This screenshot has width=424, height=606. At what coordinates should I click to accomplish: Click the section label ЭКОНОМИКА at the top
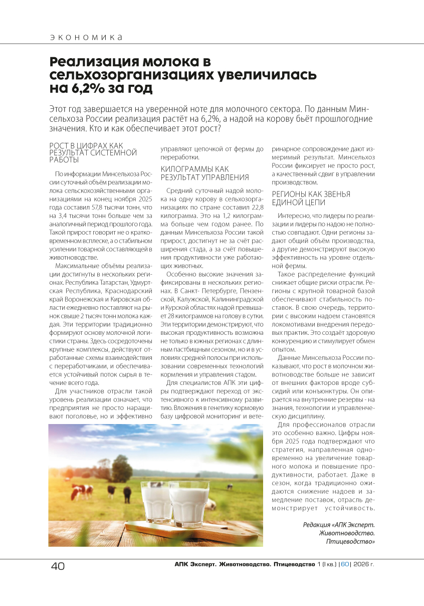coord(86,38)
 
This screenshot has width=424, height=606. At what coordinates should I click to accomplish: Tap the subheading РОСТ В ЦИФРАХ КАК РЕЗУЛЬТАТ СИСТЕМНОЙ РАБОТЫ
coord(93,152)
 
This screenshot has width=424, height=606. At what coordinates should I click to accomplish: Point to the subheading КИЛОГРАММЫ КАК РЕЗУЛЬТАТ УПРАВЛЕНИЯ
coord(204,173)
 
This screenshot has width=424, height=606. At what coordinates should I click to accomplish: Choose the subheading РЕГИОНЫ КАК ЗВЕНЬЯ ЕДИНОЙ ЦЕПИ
coord(311,198)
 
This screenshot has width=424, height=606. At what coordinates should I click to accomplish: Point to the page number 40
coord(58,566)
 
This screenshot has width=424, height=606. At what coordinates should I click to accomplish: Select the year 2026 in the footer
coord(361,564)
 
